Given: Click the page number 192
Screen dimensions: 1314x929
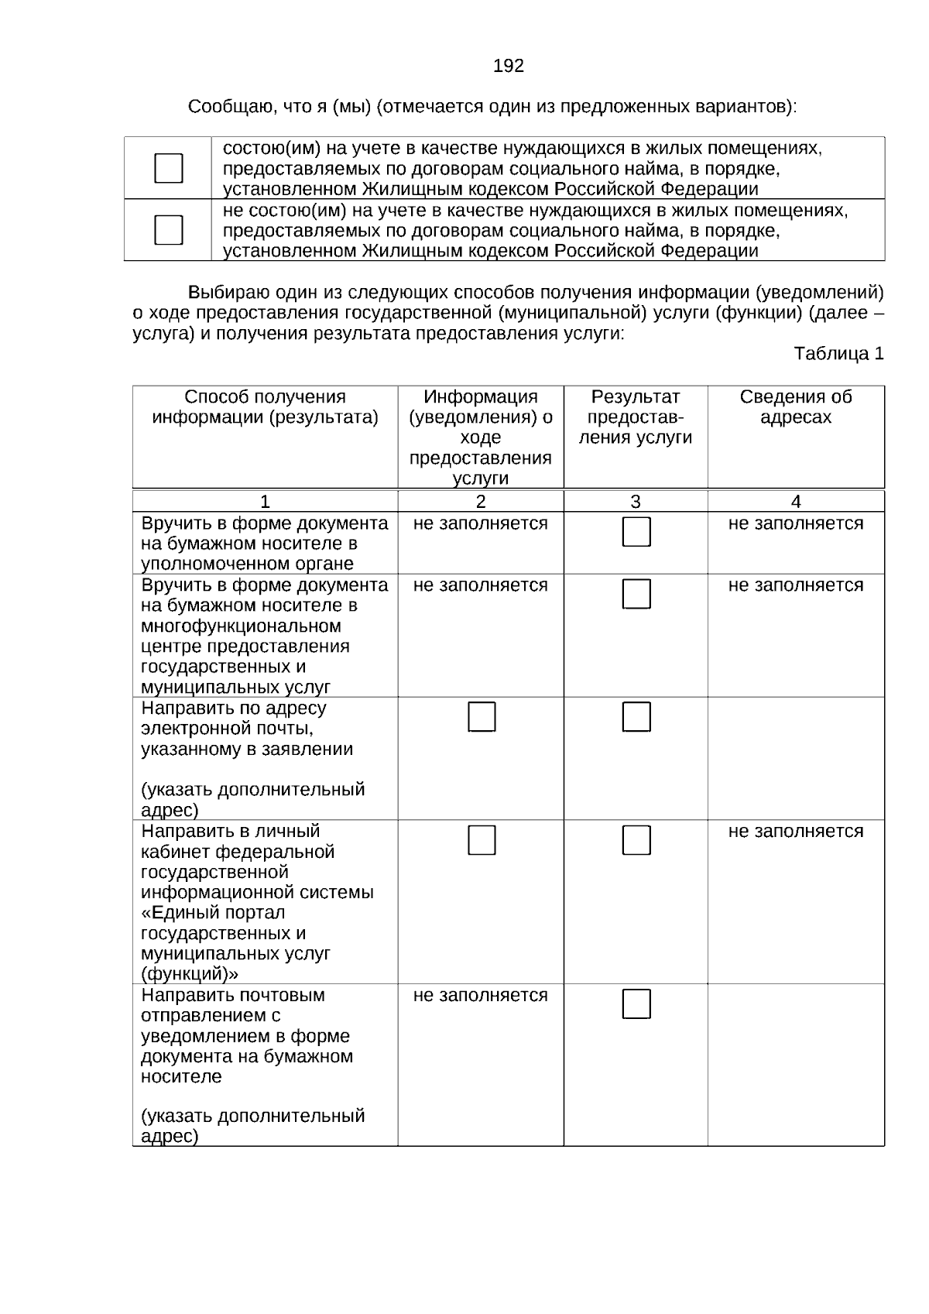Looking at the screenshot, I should [508, 67].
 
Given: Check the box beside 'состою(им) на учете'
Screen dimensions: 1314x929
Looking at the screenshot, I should [169, 168].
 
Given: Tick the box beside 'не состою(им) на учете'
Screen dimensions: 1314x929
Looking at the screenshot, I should [169, 230].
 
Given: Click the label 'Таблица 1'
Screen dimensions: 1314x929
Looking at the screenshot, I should [838, 354].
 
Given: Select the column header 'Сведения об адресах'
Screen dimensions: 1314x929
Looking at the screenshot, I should [795, 407].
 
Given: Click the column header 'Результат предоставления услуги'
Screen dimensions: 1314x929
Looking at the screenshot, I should [635, 417].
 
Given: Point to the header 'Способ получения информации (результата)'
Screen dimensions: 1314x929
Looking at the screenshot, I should [265, 407].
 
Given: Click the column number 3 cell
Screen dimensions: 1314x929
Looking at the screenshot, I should [635, 501].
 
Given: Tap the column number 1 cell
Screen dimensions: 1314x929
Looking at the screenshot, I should [265, 501].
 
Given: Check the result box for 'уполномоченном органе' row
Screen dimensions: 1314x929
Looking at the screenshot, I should [636, 532].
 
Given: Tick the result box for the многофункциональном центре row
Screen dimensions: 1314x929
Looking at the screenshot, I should [636, 594].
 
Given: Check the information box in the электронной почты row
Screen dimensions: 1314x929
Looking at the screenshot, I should [482, 717].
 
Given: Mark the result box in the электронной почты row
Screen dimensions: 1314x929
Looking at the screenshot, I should [636, 717].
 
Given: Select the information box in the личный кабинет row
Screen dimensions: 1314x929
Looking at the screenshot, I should [482, 840].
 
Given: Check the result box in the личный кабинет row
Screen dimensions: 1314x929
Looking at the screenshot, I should [636, 840].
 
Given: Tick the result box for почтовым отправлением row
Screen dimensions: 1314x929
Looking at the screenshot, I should [636, 1004].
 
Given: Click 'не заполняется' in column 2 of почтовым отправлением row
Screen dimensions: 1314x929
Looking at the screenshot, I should [480, 995].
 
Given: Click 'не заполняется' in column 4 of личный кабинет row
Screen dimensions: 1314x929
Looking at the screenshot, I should [795, 831].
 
